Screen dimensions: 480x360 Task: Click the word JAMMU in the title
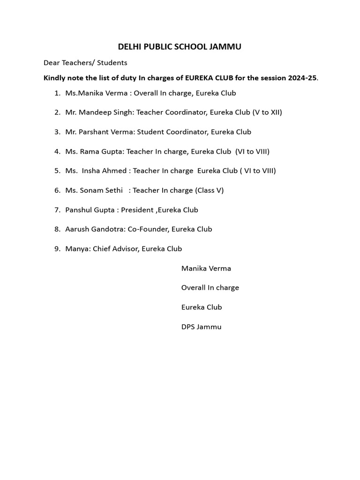(x=226, y=47)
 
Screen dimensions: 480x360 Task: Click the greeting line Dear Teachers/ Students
(x=85, y=62)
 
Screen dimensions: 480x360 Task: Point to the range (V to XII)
(x=267, y=112)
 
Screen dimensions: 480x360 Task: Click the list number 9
(x=57, y=249)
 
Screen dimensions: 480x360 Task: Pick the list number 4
(x=57, y=151)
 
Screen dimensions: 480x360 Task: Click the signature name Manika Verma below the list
(x=206, y=269)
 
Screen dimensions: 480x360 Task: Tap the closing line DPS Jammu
(x=201, y=327)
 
